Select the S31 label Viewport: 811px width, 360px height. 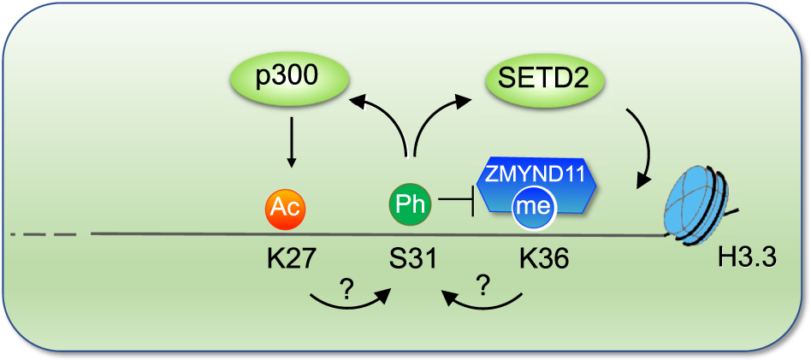(x=411, y=257)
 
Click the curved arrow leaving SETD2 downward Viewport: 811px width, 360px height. (x=643, y=141)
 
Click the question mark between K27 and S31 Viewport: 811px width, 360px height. (x=346, y=289)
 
